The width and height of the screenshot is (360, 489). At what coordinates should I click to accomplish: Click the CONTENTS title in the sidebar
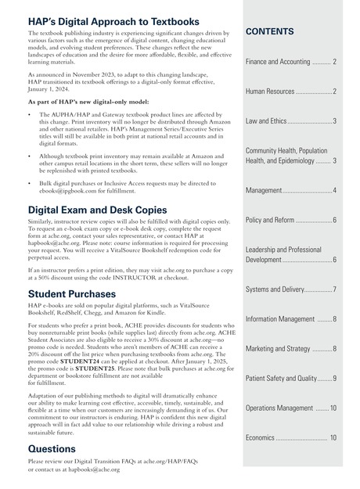[x=270, y=32]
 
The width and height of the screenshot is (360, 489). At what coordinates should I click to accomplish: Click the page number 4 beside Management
[x=334, y=191]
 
